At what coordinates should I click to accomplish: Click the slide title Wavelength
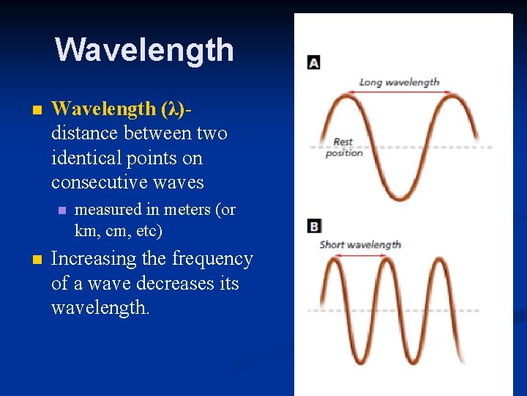point(144,50)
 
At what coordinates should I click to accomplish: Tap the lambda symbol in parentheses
point(173,109)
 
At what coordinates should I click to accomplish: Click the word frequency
point(212,259)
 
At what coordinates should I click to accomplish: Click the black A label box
point(313,62)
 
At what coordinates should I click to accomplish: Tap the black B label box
point(313,226)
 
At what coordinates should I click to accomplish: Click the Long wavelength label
point(399,82)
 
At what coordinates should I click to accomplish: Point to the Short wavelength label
point(360,244)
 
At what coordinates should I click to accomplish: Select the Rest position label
point(343,147)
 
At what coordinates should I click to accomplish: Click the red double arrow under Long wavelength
point(400,92)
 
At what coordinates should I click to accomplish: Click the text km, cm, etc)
point(119,232)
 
